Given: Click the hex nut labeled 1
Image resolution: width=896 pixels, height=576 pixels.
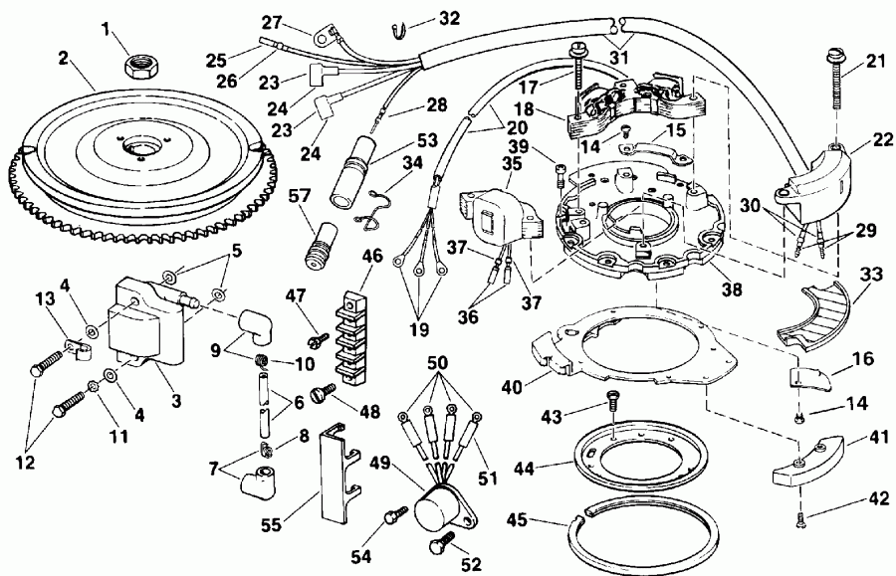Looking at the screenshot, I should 136,68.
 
